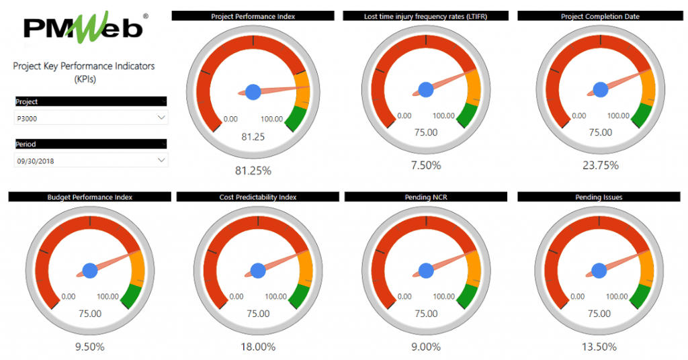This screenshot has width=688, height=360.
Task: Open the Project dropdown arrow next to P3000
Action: tap(161, 118)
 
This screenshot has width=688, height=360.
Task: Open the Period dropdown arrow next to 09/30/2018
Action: tap(161, 161)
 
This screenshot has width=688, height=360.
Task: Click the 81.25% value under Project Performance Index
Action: tap(253, 171)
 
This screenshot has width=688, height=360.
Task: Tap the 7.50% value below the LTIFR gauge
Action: tap(426, 166)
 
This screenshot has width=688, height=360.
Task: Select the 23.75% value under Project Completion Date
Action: tap(599, 166)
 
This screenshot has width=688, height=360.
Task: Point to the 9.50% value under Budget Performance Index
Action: tap(90, 347)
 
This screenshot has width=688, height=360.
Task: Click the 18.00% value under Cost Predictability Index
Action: tap(258, 347)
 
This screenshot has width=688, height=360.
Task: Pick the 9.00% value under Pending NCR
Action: tap(426, 347)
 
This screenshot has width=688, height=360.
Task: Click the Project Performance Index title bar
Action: tap(253, 16)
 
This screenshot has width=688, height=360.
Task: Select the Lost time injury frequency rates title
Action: tap(426, 16)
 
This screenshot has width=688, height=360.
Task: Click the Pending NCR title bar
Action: tap(426, 197)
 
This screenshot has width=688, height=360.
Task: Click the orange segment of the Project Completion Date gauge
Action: tap(648, 86)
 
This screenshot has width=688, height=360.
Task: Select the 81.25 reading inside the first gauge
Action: tap(253, 137)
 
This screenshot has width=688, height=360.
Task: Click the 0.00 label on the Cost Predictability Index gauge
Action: tap(236, 296)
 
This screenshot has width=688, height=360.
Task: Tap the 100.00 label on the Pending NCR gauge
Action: tap(444, 296)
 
